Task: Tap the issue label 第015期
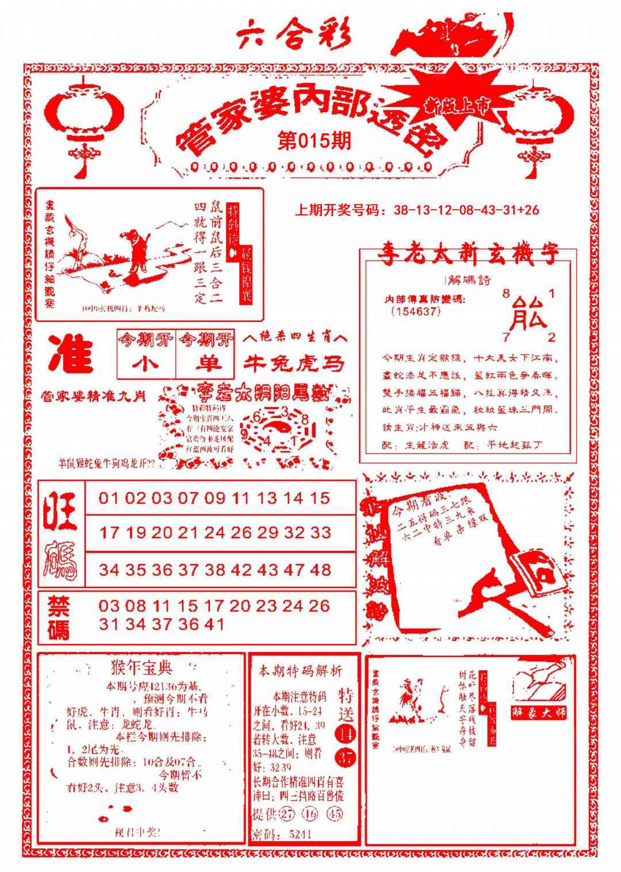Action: (313, 141)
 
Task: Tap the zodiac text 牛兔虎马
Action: (296, 363)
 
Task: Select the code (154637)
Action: (415, 311)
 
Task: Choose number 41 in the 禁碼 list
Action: (213, 624)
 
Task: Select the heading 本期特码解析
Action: (300, 670)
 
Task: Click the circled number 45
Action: (335, 814)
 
